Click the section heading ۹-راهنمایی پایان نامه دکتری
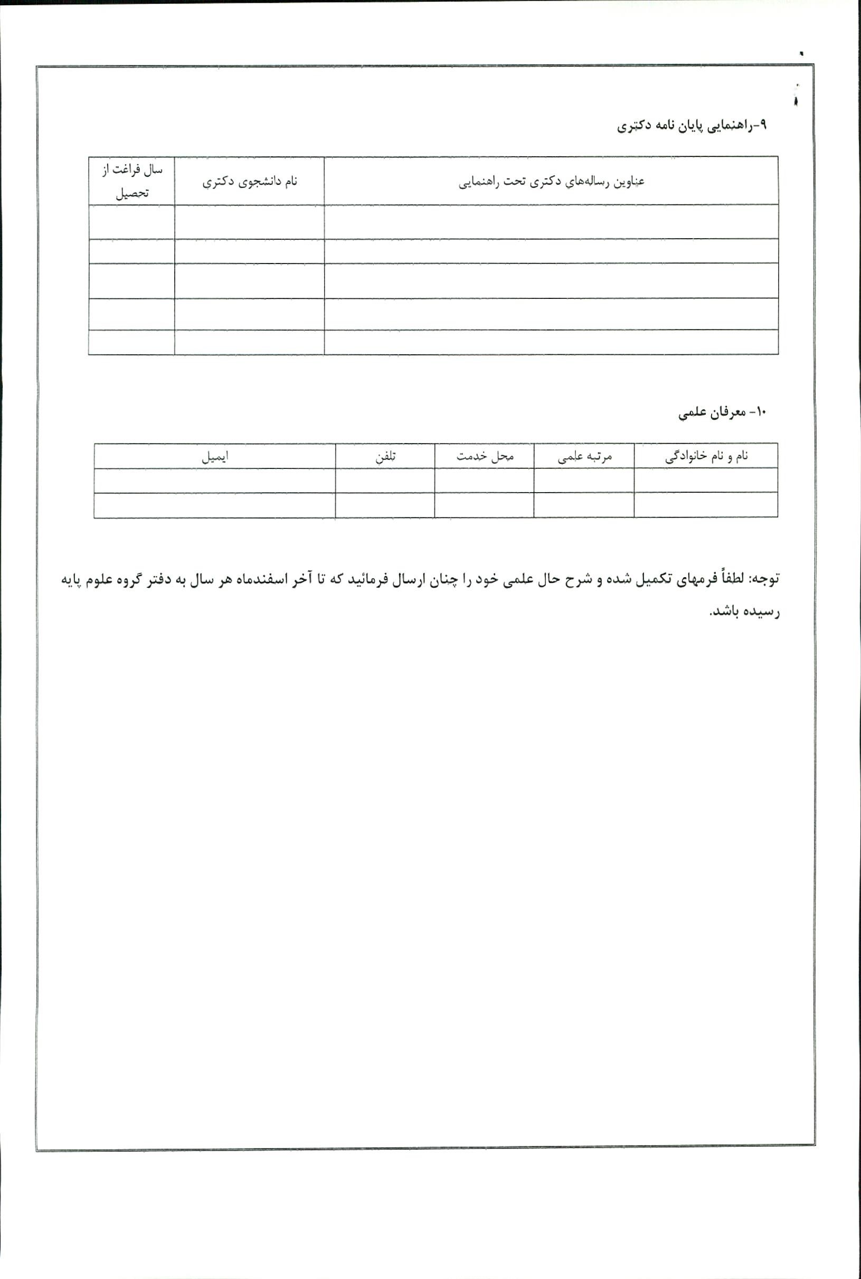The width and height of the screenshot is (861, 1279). click(692, 126)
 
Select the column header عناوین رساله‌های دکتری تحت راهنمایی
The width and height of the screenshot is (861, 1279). click(551, 181)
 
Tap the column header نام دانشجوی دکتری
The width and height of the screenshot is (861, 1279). click(249, 181)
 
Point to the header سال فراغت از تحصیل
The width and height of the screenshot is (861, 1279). click(132, 181)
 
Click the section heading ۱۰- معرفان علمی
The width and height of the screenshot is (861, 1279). click(722, 412)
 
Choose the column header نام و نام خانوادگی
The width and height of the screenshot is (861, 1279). click(706, 456)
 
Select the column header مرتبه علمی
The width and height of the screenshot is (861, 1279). click(584, 456)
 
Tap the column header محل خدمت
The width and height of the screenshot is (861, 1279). click(484, 456)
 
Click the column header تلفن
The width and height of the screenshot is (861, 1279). click(385, 456)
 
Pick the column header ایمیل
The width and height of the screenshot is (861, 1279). click(215, 456)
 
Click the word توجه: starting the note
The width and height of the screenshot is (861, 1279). click(764, 579)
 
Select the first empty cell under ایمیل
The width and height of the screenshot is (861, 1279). click(215, 481)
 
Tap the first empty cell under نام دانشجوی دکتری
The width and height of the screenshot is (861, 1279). click(249, 222)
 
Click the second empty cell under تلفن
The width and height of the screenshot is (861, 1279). click(385, 505)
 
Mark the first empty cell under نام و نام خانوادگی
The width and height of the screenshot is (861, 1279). click(706, 481)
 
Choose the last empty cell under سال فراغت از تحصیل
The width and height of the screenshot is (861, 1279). click(132, 342)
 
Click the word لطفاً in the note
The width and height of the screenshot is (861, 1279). click(730, 579)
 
